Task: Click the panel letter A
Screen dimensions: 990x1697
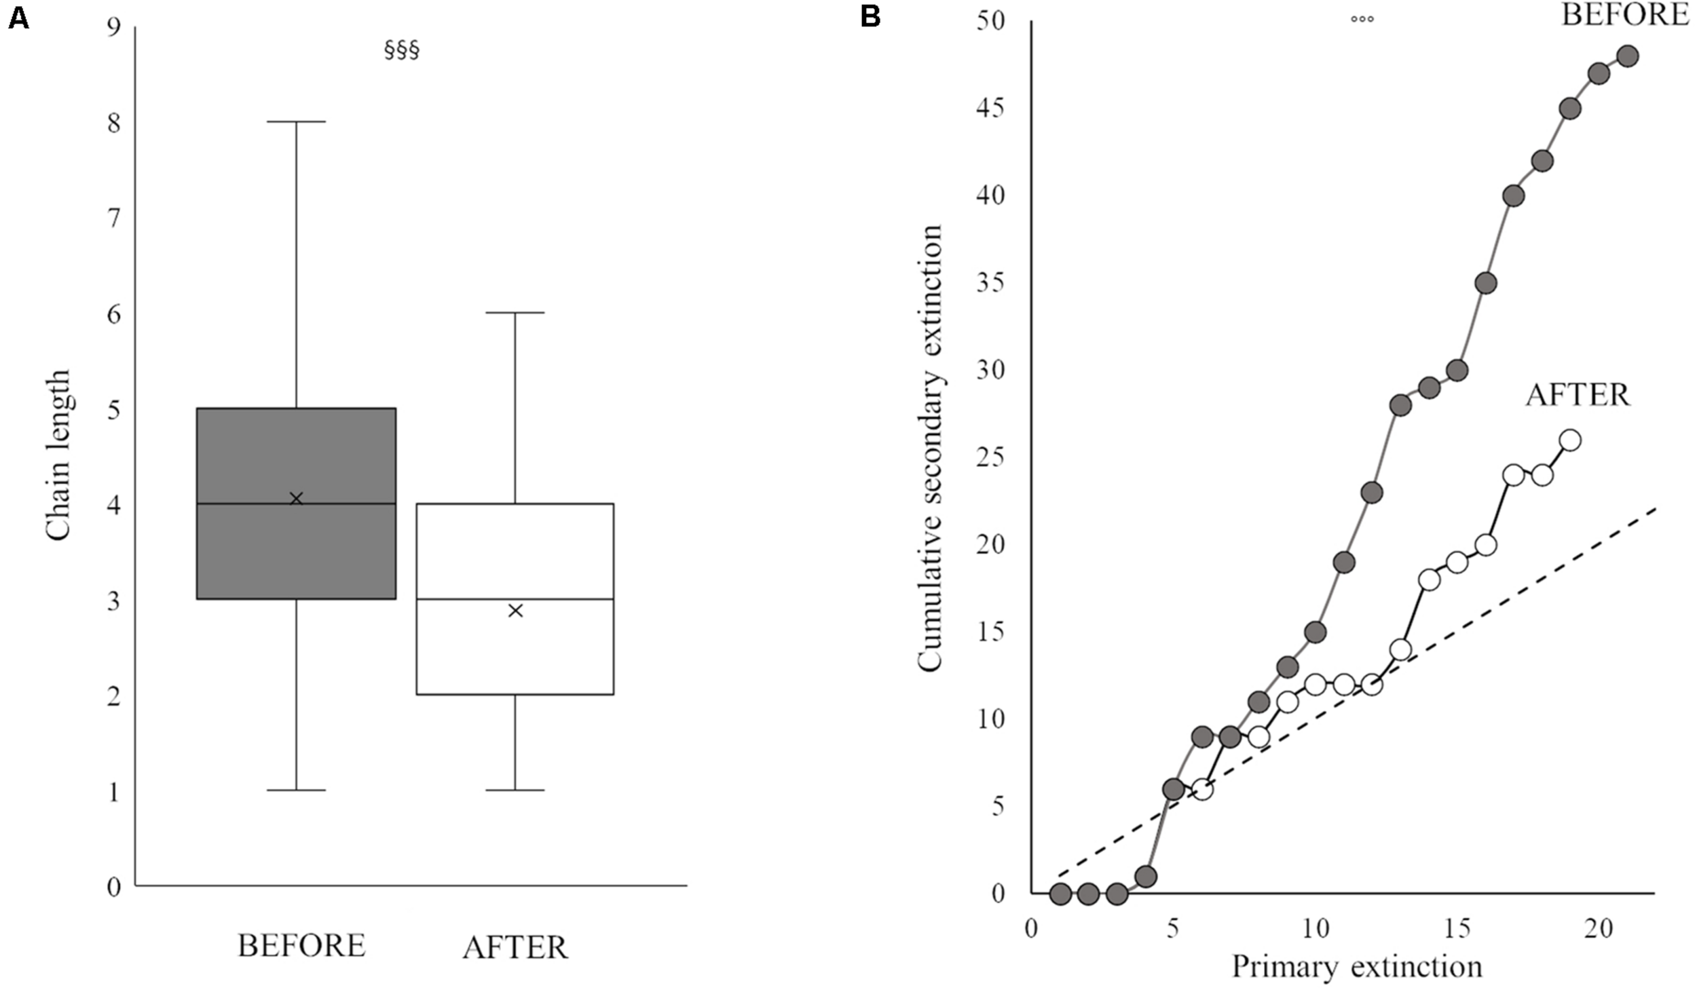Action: click(18, 18)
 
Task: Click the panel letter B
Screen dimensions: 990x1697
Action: click(870, 16)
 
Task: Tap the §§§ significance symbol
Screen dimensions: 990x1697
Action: click(402, 50)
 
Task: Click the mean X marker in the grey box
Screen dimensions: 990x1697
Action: click(296, 499)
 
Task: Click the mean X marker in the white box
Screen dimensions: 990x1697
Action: click(515, 611)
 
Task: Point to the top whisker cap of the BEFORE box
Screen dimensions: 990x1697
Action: click(296, 121)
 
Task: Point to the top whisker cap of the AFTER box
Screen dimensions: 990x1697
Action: click(515, 313)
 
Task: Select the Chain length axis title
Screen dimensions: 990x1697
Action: click(58, 455)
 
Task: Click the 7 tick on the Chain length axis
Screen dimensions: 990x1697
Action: click(113, 218)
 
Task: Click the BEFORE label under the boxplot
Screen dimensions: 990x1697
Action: click(301, 945)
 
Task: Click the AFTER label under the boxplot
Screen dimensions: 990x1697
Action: click(515, 947)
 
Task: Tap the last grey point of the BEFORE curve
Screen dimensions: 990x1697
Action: click(1627, 56)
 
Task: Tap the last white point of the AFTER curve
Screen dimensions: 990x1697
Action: click(1570, 440)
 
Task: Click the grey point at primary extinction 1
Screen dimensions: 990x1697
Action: click(1060, 894)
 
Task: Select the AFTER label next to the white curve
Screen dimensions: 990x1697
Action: click(1578, 395)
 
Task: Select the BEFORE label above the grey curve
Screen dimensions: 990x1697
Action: click(1625, 15)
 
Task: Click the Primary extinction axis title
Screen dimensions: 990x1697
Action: click(1357, 966)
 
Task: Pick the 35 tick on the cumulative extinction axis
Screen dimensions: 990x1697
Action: click(990, 283)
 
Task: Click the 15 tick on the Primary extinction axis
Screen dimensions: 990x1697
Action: click(1457, 928)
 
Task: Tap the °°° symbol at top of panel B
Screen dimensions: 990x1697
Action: click(1362, 19)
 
